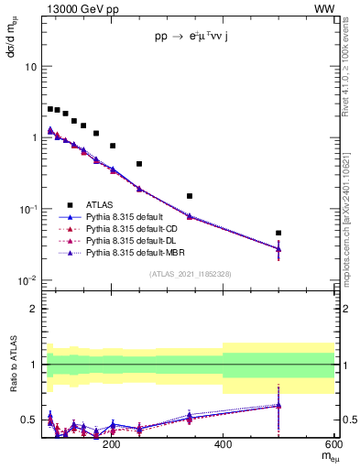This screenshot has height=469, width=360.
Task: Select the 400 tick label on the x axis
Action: tap(223, 444)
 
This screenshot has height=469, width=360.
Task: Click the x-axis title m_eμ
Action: tap(325, 457)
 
